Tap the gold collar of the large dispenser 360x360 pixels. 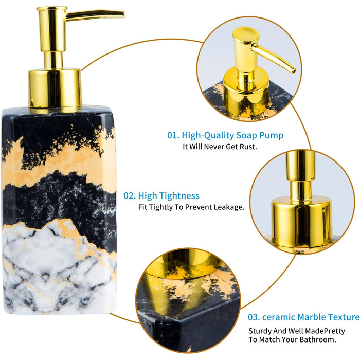click(55, 88)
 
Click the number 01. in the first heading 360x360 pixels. click(173, 135)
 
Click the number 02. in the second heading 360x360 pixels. click(130, 195)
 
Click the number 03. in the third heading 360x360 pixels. click(254, 317)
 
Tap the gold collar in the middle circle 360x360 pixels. click(301, 221)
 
